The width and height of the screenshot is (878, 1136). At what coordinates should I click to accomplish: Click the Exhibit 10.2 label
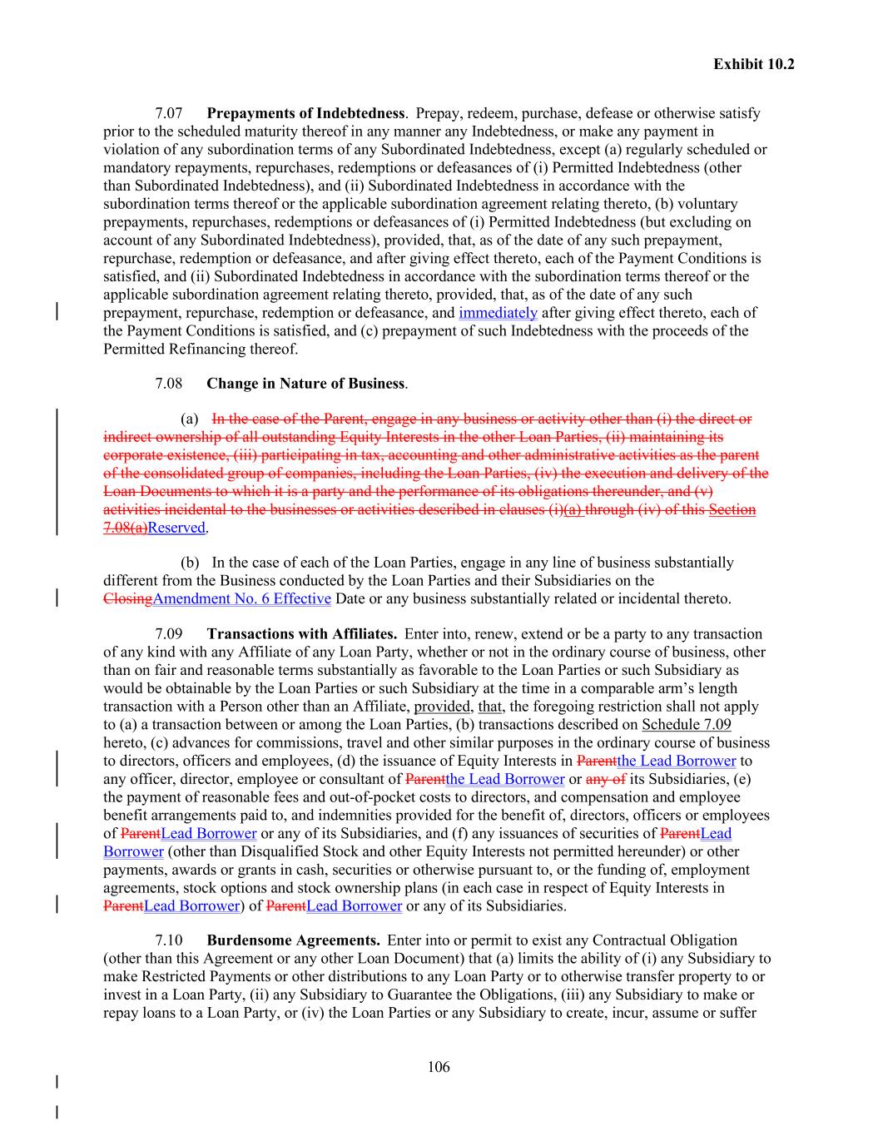(x=753, y=63)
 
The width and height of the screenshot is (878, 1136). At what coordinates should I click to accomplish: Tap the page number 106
(x=439, y=1067)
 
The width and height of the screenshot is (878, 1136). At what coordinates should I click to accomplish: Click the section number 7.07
(x=169, y=113)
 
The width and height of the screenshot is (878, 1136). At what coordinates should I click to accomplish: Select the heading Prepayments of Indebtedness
(x=305, y=113)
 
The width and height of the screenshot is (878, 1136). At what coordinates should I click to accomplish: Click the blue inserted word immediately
(x=498, y=313)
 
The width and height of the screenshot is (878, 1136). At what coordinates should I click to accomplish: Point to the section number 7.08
(x=169, y=384)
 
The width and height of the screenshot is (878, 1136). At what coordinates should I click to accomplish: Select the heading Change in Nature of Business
(x=305, y=384)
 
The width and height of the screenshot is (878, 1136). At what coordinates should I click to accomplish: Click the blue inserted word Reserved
(x=176, y=528)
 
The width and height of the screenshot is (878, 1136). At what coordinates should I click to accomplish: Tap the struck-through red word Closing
(x=127, y=599)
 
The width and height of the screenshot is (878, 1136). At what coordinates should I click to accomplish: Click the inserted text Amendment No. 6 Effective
(x=242, y=599)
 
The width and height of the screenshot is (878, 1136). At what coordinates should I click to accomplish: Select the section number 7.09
(x=169, y=634)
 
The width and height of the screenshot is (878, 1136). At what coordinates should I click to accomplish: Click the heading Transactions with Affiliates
(x=301, y=634)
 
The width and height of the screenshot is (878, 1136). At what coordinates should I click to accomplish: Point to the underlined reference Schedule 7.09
(x=687, y=725)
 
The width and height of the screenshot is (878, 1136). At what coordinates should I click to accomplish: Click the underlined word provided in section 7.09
(x=442, y=707)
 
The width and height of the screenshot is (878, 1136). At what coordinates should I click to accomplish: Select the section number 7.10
(x=169, y=940)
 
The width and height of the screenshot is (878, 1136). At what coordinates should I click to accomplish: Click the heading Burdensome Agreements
(x=293, y=940)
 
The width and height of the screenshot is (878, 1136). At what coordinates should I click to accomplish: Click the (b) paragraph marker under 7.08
(x=190, y=563)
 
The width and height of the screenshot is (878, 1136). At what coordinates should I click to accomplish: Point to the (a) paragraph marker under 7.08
(x=190, y=419)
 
